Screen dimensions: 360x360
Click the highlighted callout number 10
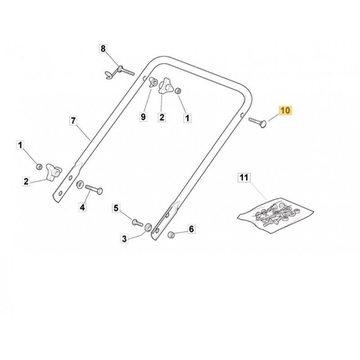coord(285,110)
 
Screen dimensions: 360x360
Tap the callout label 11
coord(244,177)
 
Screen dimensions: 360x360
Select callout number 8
coord(103,49)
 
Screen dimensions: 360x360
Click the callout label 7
coord(73,121)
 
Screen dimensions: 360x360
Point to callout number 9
coord(143,117)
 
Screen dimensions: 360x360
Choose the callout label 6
coord(191,229)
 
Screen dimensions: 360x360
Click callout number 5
coord(116,208)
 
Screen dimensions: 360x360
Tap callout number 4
coord(82,207)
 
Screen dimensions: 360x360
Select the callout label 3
coord(124,239)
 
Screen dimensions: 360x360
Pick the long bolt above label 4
coord(94,189)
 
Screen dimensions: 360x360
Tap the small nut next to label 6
coord(171,234)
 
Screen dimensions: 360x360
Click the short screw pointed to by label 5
coord(137,222)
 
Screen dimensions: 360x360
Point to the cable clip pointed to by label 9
coord(152,82)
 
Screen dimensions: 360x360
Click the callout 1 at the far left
coord(20,145)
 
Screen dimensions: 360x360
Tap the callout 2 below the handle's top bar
coord(162,117)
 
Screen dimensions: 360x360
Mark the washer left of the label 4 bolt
coord(80,184)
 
